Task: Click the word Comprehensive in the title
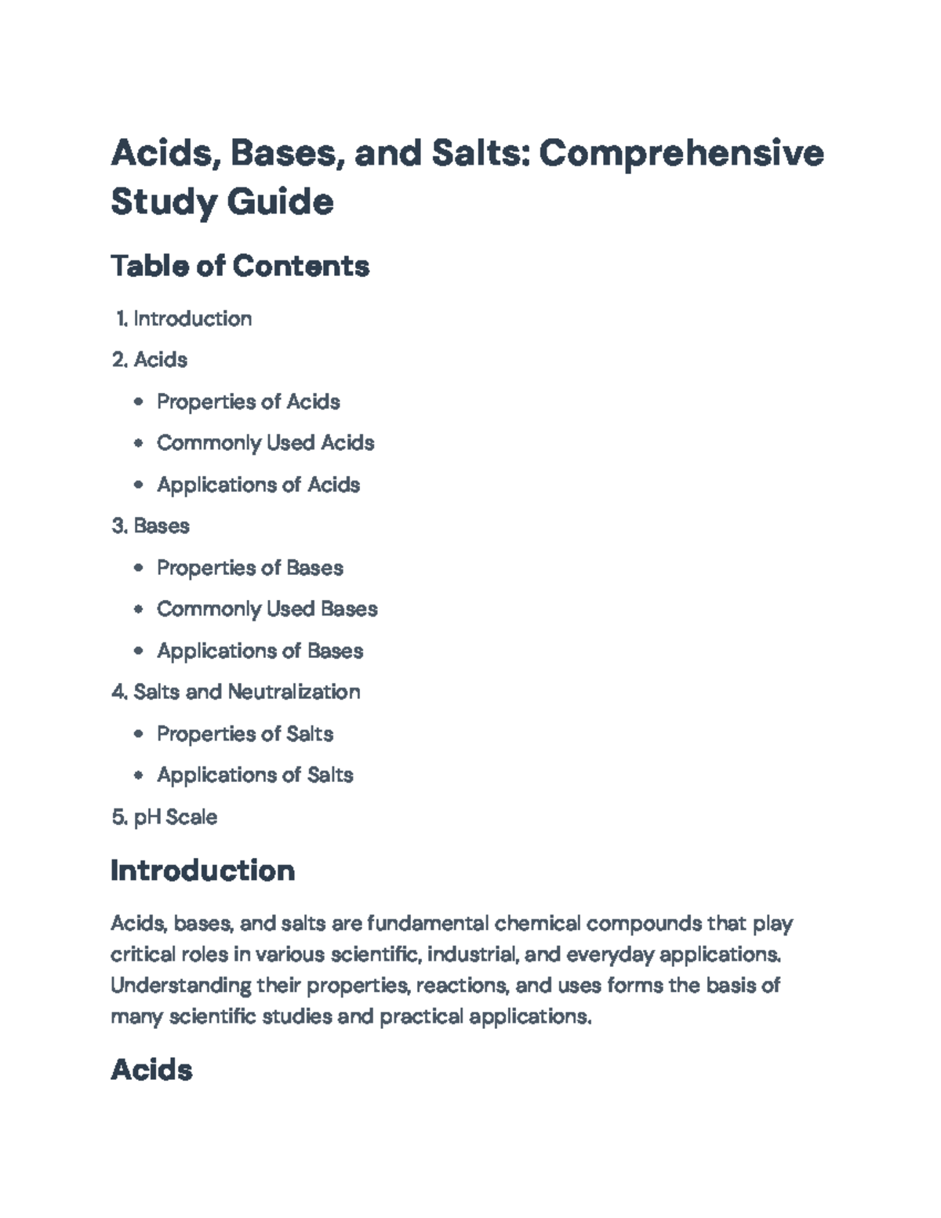(681, 153)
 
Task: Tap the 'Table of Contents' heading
(240, 267)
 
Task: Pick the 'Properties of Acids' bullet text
(248, 402)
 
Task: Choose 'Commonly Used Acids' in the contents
(265, 443)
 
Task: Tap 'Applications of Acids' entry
(258, 485)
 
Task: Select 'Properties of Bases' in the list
(249, 568)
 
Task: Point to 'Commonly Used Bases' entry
(267, 609)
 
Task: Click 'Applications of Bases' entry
(260, 651)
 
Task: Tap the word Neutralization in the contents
(293, 692)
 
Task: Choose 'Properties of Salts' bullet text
(245, 734)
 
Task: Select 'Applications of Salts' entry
(255, 775)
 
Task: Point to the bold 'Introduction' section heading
(202, 871)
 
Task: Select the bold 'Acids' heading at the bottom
(151, 1070)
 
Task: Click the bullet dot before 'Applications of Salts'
(139, 776)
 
